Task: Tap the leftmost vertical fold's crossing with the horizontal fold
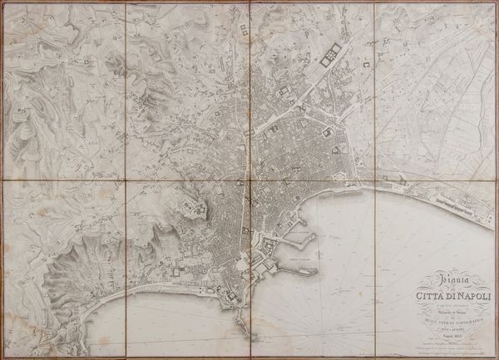coord(126,181)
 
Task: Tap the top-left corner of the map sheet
coord(4,4)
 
